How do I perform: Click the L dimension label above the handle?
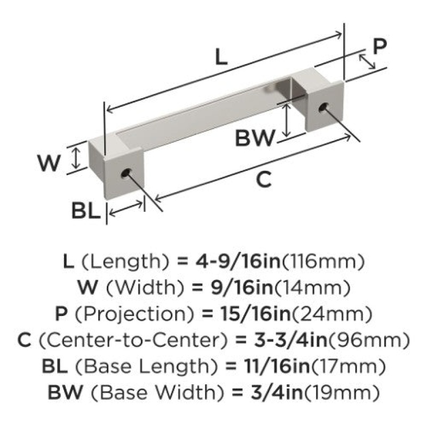(221, 57)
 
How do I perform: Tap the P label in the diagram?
(379, 46)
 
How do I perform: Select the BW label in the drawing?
(255, 138)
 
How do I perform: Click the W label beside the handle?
(49, 163)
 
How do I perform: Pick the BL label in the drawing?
(86, 211)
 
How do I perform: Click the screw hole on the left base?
(126, 173)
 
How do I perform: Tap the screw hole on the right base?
(323, 107)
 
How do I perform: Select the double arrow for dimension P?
(367, 61)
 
